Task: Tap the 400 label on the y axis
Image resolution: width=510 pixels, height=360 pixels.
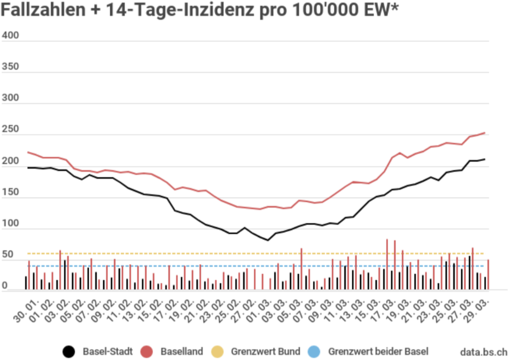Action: (11, 36)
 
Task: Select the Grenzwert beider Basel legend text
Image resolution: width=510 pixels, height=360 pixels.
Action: (378, 351)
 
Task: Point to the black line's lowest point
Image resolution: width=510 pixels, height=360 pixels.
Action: (268, 240)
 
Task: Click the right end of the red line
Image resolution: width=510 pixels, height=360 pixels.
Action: (485, 133)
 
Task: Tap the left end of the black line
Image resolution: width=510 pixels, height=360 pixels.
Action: (28, 167)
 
